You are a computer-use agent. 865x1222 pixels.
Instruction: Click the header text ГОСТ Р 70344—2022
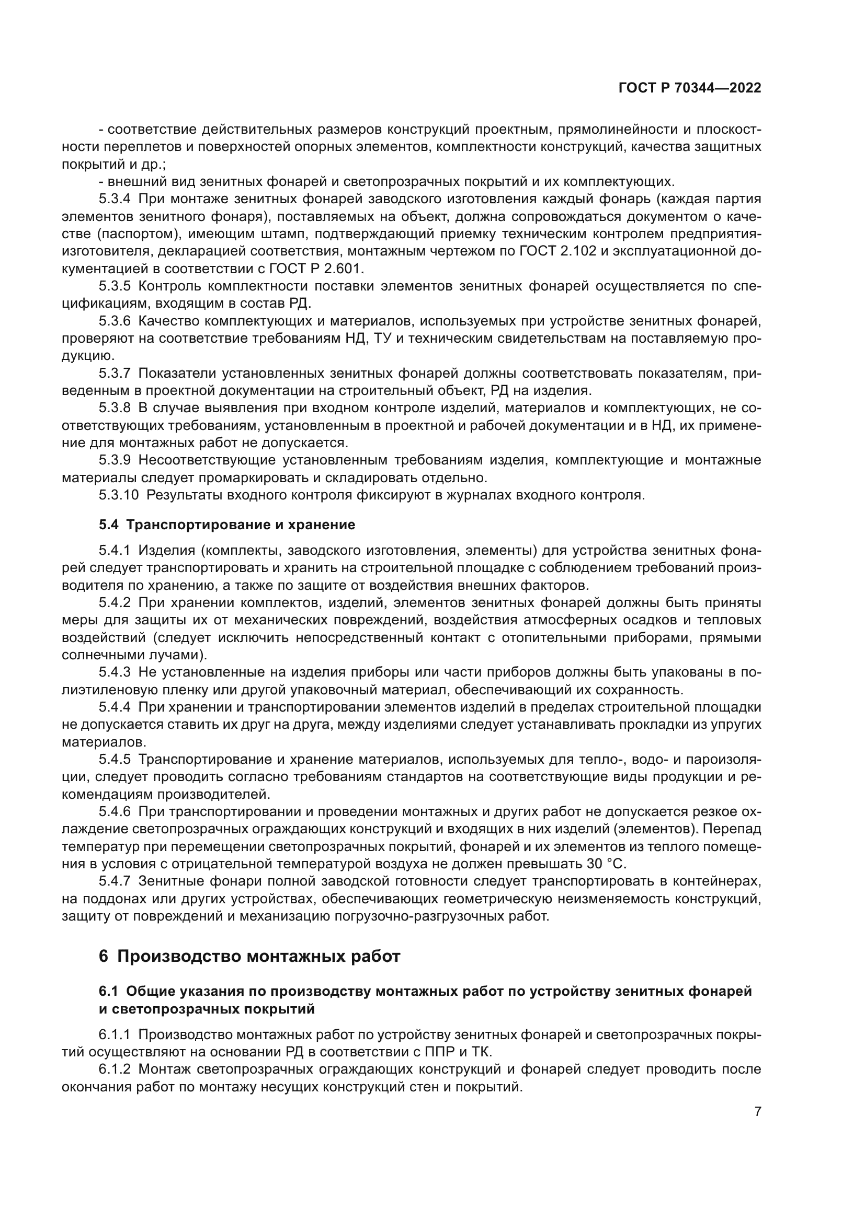[x=690, y=88]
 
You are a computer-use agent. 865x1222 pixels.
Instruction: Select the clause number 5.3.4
[x=115, y=199]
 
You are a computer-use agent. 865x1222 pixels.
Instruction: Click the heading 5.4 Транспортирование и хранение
[x=227, y=525]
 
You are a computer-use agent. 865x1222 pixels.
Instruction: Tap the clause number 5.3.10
[x=118, y=495]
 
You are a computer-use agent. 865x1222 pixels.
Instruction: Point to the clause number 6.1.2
[x=115, y=1069]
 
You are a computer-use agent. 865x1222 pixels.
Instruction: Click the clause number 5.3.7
[x=115, y=373]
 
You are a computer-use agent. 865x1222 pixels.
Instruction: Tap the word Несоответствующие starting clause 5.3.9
[x=206, y=460]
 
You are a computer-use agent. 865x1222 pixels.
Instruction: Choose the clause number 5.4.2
[x=115, y=602]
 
